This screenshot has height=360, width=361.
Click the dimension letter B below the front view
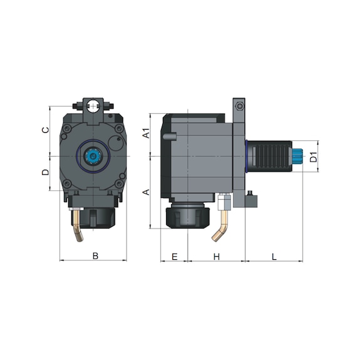(95, 255)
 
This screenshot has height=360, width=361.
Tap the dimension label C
(44, 130)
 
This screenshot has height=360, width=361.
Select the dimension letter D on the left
(44, 172)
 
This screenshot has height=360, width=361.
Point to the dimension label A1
(145, 133)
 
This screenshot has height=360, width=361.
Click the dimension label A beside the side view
(145, 192)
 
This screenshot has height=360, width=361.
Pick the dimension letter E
(174, 256)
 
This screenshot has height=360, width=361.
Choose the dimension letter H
(216, 256)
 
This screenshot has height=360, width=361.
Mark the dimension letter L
(274, 256)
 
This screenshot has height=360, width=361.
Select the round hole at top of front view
(93, 105)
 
